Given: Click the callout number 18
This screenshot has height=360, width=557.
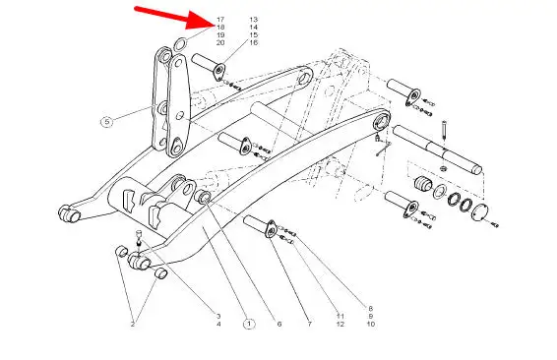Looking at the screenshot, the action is pos(220,27).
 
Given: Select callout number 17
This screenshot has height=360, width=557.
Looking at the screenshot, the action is pos(220,19).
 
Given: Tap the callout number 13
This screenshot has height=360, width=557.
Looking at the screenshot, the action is pos(253,19).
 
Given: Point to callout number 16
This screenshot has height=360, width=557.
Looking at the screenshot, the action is pos(253,42).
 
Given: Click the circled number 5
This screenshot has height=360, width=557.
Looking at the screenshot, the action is pos(107,122).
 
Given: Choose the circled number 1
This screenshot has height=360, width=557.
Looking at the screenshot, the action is pos(249,324).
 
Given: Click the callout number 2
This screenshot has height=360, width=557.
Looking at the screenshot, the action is pos(133,324).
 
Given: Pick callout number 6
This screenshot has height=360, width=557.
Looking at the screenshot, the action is pos(279,324).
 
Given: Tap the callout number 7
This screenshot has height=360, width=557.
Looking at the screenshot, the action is pos(309,324).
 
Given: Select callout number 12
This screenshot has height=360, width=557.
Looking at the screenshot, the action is pos(340,324).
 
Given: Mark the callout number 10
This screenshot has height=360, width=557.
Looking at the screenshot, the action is pos(370,324).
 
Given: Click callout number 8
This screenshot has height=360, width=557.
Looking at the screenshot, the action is pos(370,309).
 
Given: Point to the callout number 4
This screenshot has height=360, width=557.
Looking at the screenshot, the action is pos(218,324).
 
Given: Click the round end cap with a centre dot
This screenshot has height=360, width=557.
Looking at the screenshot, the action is pos(481,212).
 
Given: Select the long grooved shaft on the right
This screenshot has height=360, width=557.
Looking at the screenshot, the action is pos(437,150).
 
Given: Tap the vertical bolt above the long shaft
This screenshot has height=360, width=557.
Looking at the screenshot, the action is pos(444,130).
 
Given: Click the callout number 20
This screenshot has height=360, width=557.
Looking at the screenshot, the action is pos(220,42).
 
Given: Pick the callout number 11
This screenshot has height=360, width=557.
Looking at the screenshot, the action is pos(340,316).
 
